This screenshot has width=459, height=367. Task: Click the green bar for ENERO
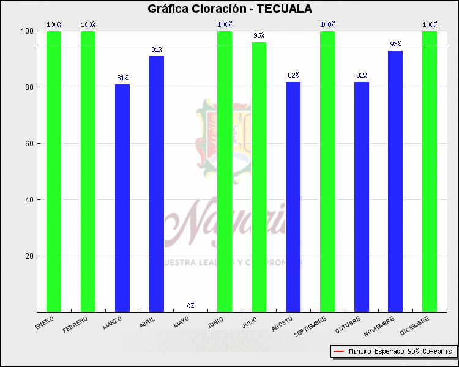point(54,171)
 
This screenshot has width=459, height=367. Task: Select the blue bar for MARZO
point(122,198)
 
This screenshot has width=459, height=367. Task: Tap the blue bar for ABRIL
point(157,183)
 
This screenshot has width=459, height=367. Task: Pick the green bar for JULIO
point(259,177)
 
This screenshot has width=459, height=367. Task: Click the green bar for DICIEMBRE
point(430,171)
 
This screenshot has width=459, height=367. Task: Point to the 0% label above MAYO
point(191,305)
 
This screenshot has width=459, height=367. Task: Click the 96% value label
point(259,35)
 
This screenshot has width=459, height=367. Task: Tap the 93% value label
point(395,44)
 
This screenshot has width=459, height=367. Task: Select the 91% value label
point(157,50)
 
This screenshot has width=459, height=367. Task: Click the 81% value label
point(122,78)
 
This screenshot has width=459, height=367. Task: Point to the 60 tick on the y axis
point(28,144)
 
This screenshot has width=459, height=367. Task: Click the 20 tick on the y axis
point(28,256)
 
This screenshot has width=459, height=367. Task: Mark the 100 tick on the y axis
point(26,31)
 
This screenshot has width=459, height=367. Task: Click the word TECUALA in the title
point(285,9)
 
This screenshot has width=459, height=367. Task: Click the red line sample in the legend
point(339,352)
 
